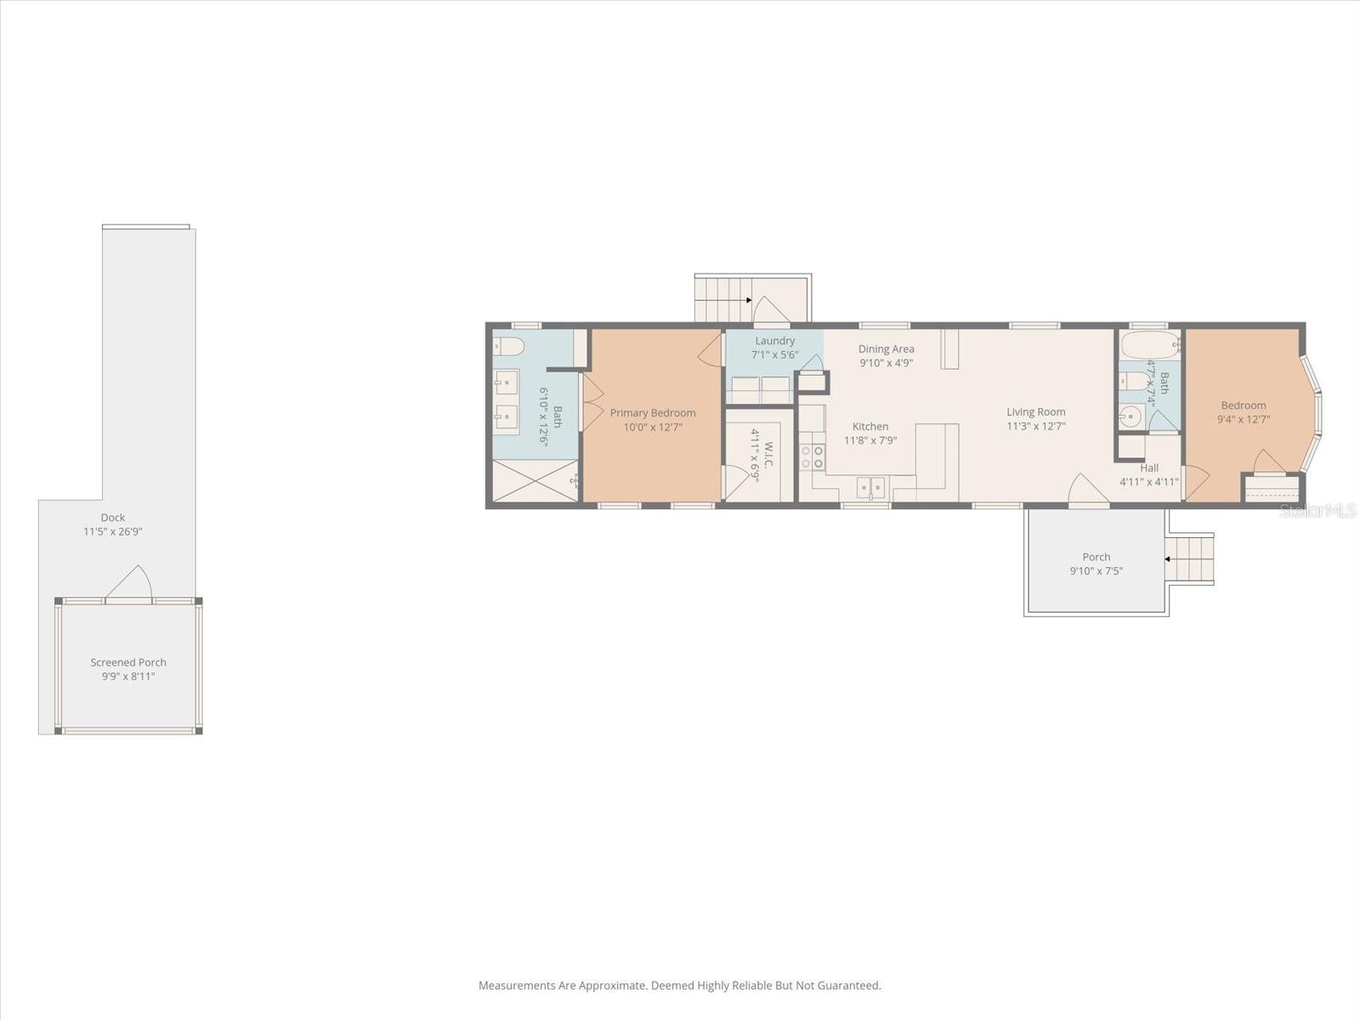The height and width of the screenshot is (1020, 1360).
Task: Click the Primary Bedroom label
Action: pos(652,413)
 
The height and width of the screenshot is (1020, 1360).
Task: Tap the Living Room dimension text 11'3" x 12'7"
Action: pos(1035,427)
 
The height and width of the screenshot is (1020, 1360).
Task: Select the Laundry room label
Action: pos(774,341)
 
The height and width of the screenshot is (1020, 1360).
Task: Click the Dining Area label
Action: pos(886,348)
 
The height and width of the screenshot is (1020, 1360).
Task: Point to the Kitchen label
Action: pos(870,427)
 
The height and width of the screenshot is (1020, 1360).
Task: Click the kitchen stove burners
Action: pos(812,457)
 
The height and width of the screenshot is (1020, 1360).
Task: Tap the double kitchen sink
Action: pos(870,487)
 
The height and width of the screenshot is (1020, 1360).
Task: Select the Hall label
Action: pos(1149,468)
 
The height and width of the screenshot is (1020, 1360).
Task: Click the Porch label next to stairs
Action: pos(1096,558)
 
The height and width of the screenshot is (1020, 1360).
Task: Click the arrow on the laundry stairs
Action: pos(747,300)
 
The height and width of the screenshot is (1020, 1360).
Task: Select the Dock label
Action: pos(112,518)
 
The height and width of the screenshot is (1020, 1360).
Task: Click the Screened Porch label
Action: pos(128,663)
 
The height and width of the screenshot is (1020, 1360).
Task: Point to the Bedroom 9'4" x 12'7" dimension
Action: pos(1244,419)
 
